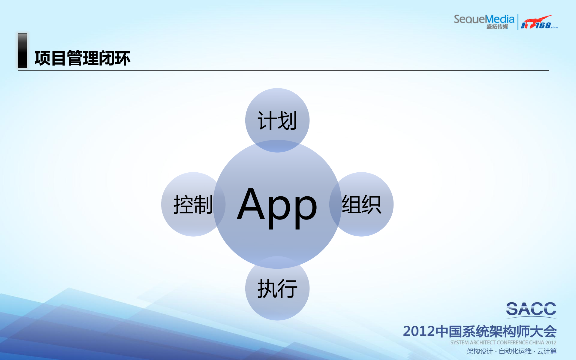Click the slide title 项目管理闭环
83,58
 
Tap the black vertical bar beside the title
23,50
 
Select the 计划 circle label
277,121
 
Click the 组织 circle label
362,204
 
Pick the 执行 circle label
277,289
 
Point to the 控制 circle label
193,204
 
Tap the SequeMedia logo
484,19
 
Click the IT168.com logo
539,23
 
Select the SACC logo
531,309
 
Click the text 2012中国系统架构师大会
480,331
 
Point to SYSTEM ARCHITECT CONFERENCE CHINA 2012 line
503,343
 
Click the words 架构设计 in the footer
479,351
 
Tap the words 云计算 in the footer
547,351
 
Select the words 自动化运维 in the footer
515,351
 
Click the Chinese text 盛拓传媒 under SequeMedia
497,27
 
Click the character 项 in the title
42,58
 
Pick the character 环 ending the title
122,58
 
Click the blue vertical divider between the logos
518,22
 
